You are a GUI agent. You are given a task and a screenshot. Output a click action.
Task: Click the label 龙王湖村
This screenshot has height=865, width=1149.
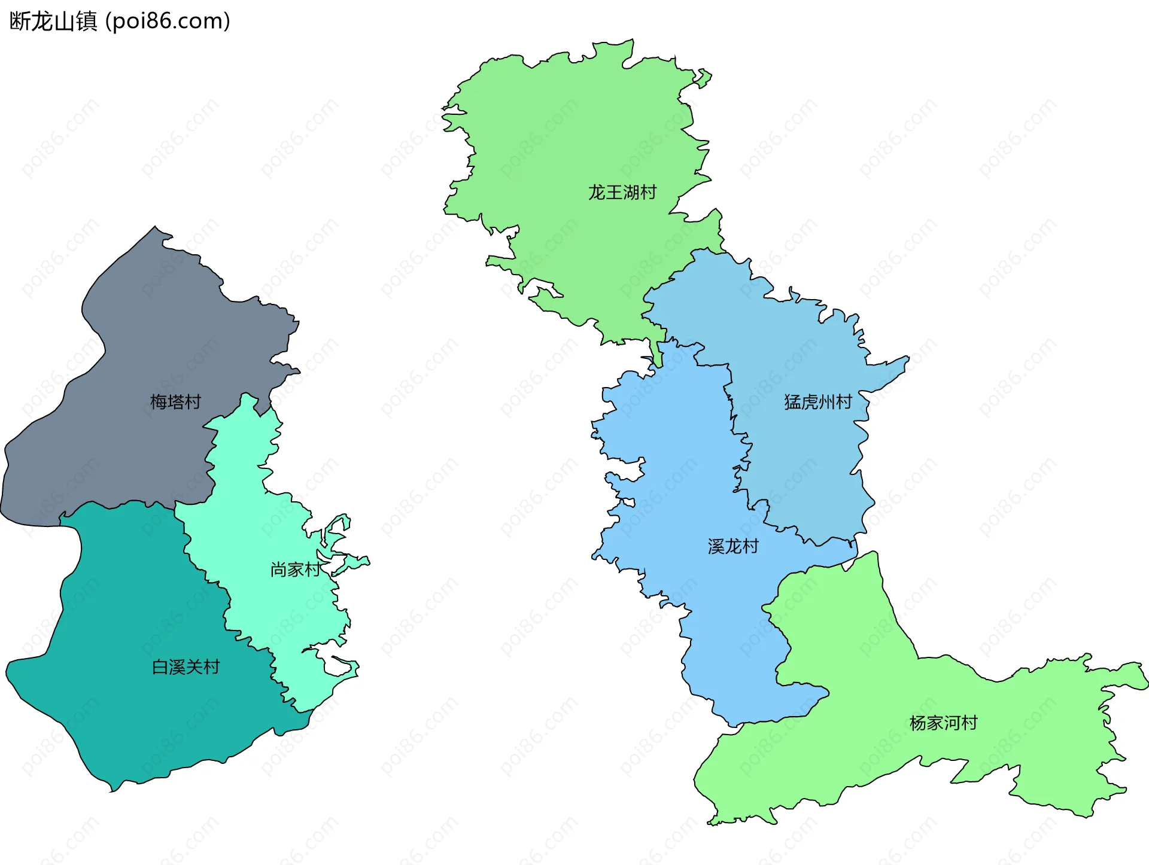click(622, 192)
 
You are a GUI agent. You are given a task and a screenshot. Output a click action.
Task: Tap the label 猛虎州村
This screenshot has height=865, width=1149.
click(818, 401)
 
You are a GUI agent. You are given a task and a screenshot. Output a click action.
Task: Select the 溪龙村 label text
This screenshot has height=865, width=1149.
click(733, 546)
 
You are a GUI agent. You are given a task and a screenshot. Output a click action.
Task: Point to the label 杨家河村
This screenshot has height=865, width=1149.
click(944, 723)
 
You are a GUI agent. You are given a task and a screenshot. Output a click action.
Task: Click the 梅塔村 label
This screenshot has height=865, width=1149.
click(175, 401)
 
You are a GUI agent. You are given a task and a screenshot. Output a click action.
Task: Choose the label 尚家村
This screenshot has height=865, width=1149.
click(295, 569)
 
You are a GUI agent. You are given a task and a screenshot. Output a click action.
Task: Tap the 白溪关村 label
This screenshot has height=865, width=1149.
click(186, 666)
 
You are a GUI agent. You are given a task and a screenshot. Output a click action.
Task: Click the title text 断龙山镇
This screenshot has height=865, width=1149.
click(53, 22)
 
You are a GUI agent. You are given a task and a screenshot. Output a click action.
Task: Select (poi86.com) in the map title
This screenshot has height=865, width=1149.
click(168, 22)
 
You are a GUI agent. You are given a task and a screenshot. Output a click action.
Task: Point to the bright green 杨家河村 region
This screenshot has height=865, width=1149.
click(850, 658)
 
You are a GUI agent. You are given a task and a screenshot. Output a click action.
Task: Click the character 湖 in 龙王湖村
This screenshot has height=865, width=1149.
click(631, 192)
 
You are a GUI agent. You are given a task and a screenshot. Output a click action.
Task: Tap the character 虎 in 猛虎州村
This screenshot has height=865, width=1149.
click(810, 401)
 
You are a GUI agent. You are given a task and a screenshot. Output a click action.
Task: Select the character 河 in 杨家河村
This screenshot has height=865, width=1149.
click(952, 723)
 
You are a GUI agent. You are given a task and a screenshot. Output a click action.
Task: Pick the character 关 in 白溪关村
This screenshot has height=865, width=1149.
click(194, 666)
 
